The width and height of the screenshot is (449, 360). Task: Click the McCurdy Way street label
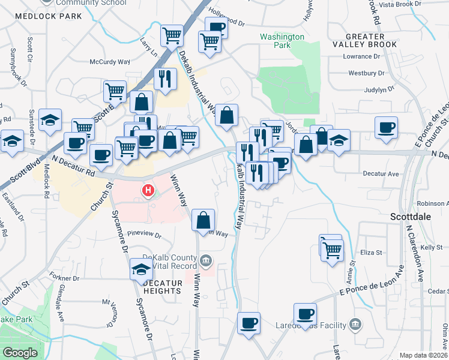(x=110, y=62)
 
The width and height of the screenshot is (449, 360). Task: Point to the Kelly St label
(x=431, y=247)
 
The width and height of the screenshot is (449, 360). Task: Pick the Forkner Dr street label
(x=65, y=278)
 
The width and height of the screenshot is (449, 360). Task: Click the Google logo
(x=20, y=353)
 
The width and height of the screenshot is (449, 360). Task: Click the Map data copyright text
(x=424, y=355)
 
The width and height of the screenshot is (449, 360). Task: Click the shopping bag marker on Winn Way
(x=203, y=219)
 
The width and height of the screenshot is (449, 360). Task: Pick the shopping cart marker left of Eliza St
(x=331, y=248)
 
